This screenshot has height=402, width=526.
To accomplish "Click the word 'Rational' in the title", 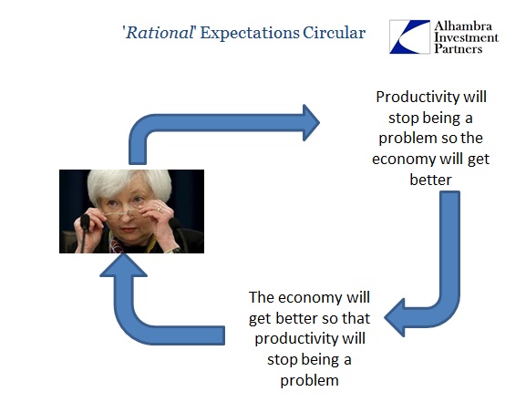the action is (x=159, y=33).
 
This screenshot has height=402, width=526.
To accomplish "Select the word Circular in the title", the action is (x=335, y=33).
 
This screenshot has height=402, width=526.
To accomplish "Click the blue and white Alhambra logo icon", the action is (x=409, y=36).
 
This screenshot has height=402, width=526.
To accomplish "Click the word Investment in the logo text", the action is (x=466, y=37).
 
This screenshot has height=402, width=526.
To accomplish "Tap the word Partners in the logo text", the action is (x=459, y=48).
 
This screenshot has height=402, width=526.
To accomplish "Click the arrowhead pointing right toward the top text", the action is (x=311, y=122).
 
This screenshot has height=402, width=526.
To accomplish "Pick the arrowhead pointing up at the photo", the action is (x=123, y=266).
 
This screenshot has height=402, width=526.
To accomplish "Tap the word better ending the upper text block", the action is (x=430, y=180).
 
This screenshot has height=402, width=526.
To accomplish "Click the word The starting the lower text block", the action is (x=262, y=297).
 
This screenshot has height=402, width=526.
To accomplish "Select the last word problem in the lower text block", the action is (x=309, y=380).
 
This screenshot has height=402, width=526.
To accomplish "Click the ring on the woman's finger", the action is (x=160, y=209).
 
